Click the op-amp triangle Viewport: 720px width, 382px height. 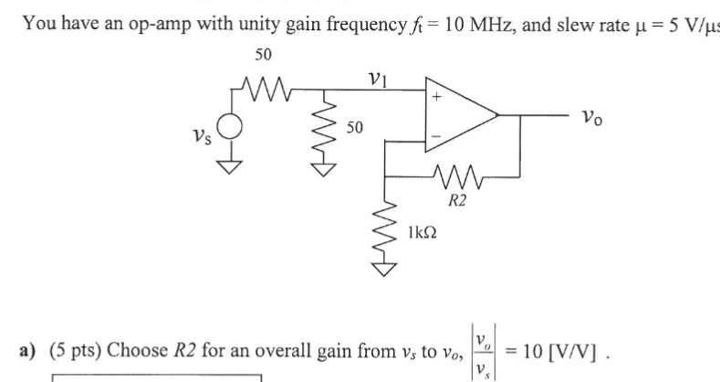[x=456, y=115]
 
